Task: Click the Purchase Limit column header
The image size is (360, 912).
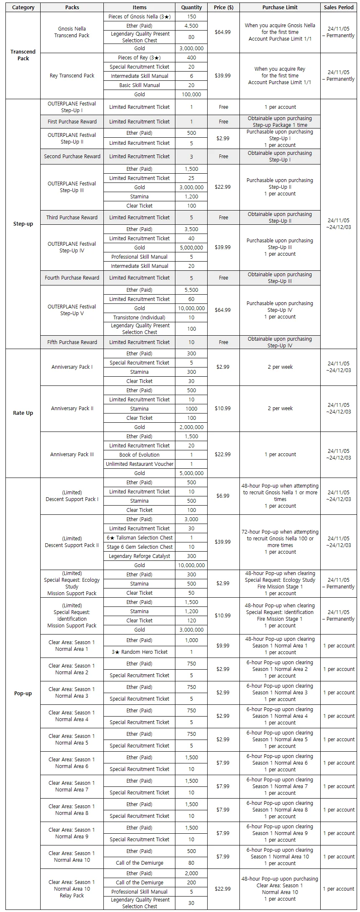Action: [280, 8]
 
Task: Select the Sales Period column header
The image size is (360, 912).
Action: [339, 8]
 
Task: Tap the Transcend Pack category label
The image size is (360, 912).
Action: [23, 55]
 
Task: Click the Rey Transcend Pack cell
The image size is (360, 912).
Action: [72, 76]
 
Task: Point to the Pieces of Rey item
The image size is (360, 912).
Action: [139, 58]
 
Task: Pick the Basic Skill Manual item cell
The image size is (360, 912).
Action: [139, 85]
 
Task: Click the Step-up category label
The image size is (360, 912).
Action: [23, 224]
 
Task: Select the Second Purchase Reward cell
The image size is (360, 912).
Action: [72, 157]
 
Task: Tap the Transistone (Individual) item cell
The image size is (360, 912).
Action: [139, 318]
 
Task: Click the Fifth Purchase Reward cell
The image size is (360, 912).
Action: [72, 342]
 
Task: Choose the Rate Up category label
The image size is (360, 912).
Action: [23, 413]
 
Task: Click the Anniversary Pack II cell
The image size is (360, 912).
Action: [72, 408]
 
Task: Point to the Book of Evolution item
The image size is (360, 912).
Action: [139, 455]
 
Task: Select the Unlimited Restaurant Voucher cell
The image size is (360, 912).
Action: [139, 464]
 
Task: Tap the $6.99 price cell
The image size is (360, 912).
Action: [223, 496]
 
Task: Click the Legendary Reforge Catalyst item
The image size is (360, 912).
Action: [139, 556]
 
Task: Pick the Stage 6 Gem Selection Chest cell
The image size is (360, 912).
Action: [139, 547]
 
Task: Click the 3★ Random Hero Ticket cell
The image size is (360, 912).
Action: [139, 652]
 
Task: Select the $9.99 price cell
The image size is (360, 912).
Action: [223, 646]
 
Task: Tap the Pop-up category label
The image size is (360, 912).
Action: [23, 694]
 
